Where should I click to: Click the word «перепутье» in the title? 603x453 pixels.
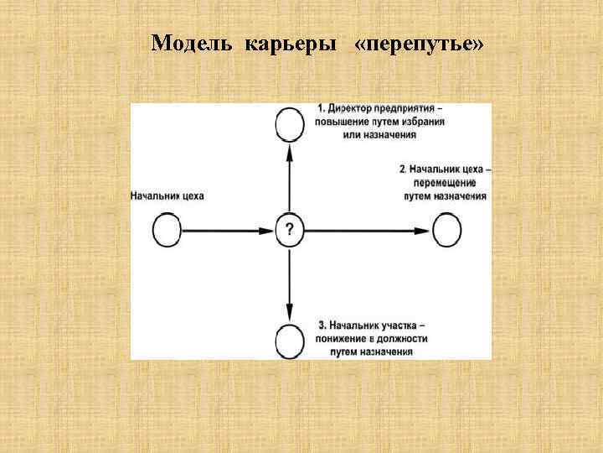tap(419, 44)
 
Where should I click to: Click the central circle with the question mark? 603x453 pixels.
tap(289, 228)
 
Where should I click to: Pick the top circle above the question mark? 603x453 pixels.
tap(289, 125)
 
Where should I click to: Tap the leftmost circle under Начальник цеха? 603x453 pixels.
tap(167, 228)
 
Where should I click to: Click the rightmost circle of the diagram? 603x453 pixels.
tap(446, 228)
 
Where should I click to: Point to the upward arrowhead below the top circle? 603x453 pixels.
tap(289, 151)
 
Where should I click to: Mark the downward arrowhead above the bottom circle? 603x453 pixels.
tap(289, 310)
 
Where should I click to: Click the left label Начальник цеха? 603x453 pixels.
tap(167, 195)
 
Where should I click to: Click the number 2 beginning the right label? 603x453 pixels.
tap(403, 169)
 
